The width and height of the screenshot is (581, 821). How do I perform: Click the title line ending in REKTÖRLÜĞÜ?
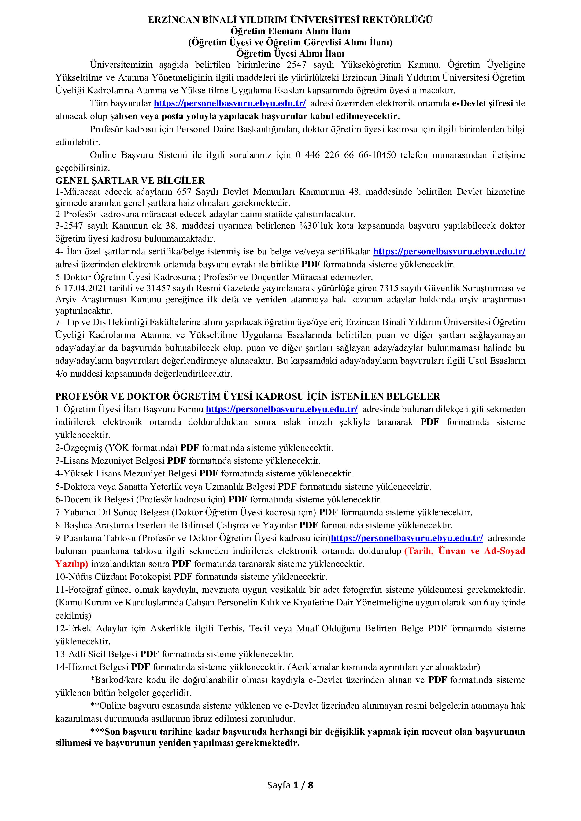point(290,20)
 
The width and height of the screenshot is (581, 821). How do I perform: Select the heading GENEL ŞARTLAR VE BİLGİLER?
point(130,181)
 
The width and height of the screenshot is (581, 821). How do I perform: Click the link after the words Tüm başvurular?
point(230,104)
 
